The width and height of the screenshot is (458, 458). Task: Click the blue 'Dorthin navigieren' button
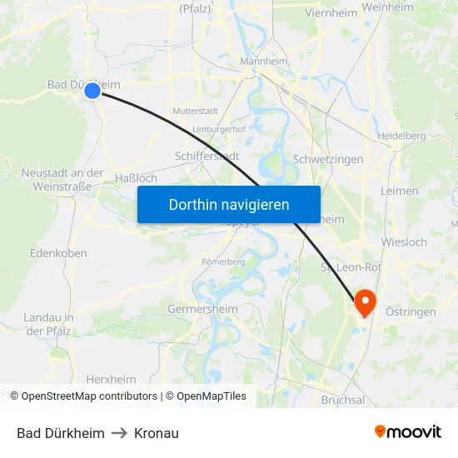click(229, 204)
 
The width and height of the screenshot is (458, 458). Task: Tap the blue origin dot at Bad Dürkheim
click(92, 90)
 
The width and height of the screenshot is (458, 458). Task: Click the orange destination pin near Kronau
click(365, 301)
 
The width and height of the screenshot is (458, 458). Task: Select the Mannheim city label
click(264, 62)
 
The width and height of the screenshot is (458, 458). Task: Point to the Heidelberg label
click(401, 136)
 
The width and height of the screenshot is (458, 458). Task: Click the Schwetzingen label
click(328, 159)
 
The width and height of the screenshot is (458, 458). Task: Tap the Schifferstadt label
click(207, 156)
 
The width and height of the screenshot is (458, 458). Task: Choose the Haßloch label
click(136, 178)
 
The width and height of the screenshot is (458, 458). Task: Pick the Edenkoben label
click(58, 252)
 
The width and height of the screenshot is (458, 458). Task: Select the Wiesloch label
click(403, 242)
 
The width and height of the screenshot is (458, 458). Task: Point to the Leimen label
click(399, 191)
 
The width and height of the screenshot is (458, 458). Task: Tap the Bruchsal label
click(342, 400)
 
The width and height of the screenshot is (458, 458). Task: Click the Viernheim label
click(331, 13)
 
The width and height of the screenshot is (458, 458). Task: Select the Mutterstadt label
click(194, 111)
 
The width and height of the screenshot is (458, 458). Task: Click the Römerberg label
click(223, 261)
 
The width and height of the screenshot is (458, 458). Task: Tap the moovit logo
click(408, 432)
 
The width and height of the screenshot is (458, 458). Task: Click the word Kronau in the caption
click(156, 433)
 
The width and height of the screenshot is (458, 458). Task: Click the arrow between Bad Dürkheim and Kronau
click(119, 433)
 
